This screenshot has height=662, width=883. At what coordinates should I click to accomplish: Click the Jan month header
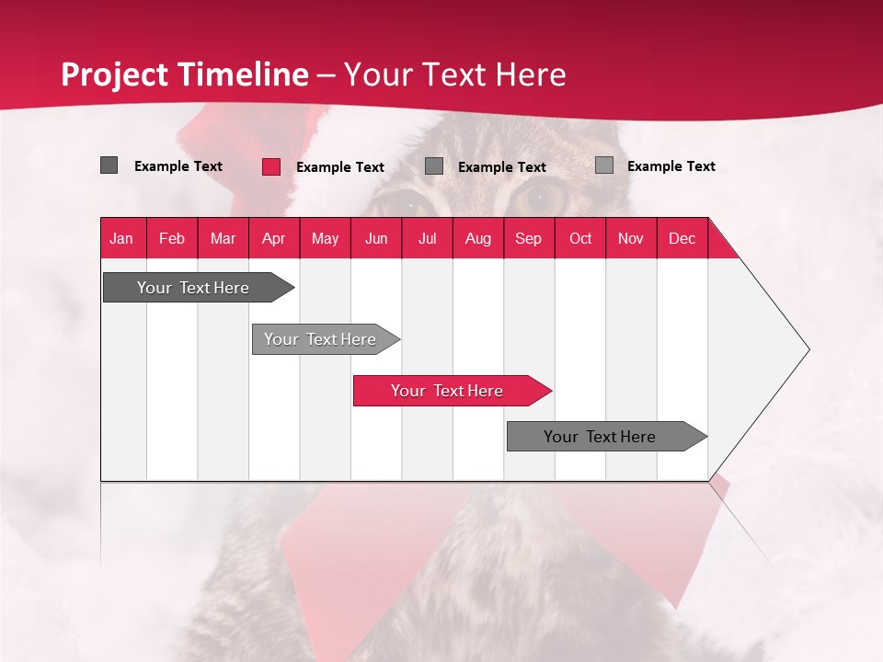122,239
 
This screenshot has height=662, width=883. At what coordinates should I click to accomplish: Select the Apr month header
274,239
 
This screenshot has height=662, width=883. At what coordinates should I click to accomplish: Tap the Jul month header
428,239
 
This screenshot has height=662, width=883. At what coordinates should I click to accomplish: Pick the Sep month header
529,239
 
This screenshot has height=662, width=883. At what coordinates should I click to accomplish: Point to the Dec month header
682,239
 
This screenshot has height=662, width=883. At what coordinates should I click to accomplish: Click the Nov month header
631,239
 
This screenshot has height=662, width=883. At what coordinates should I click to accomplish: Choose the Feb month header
172,239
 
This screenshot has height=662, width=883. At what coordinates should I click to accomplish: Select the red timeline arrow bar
451,391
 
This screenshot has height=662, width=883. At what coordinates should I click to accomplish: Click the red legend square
271,166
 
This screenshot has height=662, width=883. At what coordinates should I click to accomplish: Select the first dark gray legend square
109,165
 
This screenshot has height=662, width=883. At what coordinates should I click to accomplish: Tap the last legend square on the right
604,165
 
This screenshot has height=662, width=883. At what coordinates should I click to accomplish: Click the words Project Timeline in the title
184,74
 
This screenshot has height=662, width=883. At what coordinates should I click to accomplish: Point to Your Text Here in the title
454,74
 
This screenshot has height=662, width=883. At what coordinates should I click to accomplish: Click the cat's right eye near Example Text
540,195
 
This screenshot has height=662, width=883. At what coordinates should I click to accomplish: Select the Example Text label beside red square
340,167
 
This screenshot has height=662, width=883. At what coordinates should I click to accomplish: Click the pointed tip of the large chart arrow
808,349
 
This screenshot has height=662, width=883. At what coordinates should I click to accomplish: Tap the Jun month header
376,239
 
